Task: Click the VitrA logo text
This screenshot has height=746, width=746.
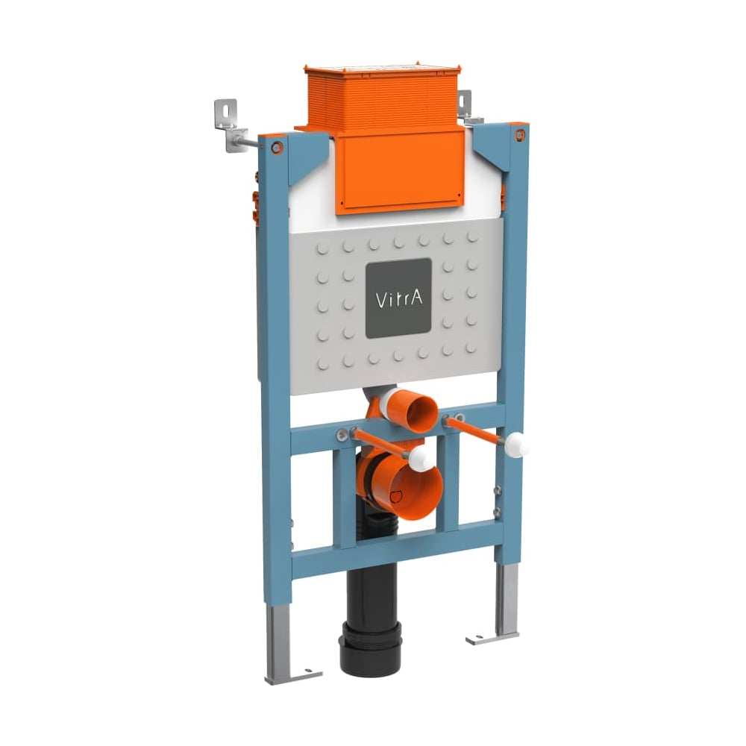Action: [x=398, y=299]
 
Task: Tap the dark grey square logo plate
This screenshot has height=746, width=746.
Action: [x=398, y=298]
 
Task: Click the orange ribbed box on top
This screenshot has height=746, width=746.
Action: [x=383, y=98]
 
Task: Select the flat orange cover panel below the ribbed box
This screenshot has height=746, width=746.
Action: [x=400, y=172]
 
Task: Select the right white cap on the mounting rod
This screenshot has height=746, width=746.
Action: [x=517, y=445]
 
